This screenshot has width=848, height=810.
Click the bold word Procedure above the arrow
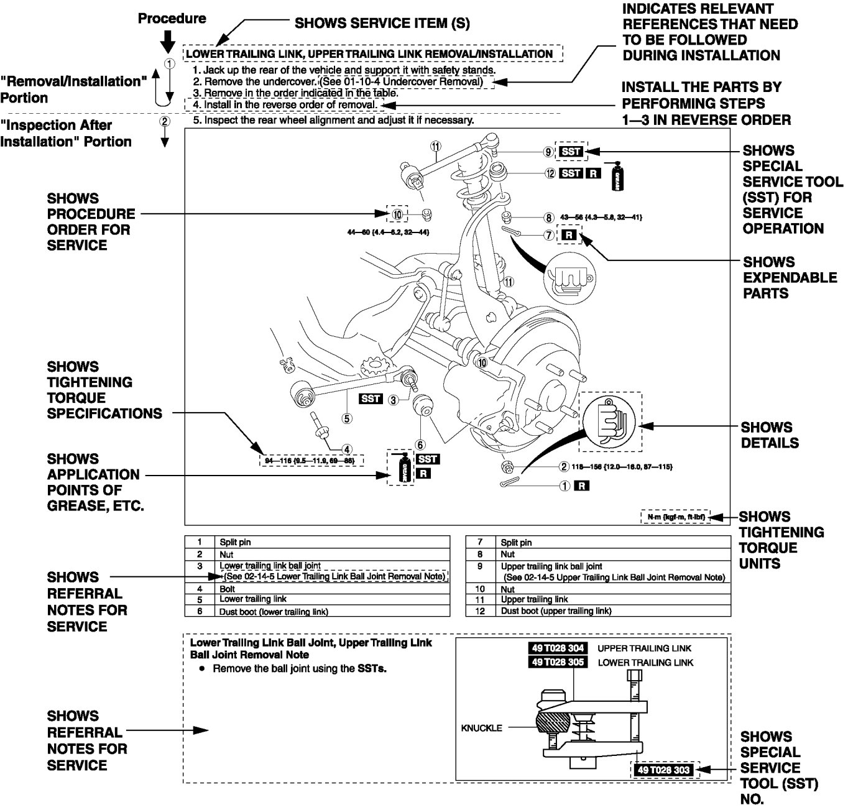[x=172, y=19]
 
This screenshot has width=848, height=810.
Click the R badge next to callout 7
[x=569, y=235]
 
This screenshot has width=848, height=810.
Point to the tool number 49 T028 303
[x=663, y=770]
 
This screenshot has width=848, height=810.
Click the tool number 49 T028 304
[x=558, y=648]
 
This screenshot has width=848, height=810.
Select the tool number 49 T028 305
[x=558, y=662]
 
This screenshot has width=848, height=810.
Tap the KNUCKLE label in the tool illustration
[x=481, y=727]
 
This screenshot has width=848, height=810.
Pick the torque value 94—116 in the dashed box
[x=311, y=461]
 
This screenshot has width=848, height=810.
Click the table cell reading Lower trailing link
[x=253, y=599]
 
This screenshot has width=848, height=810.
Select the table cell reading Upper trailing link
[x=534, y=599]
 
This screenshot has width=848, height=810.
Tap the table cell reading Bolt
[x=227, y=588]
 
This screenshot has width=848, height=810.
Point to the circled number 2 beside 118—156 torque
[x=564, y=466]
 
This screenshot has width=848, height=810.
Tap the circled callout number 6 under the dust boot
[x=420, y=444]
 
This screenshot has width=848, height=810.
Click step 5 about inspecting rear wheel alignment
[x=333, y=120]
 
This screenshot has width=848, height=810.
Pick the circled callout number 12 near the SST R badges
[x=550, y=173]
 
